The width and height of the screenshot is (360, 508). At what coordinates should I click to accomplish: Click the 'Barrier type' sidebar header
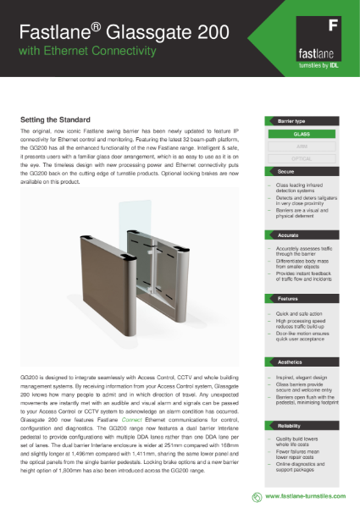(x=292, y=122)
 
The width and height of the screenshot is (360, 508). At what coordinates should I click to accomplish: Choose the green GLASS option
(x=302, y=134)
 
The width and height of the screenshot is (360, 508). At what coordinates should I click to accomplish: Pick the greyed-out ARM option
(x=302, y=146)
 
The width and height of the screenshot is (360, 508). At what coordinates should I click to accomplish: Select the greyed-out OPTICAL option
(x=302, y=157)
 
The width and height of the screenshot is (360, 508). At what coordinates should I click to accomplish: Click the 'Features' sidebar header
(x=290, y=299)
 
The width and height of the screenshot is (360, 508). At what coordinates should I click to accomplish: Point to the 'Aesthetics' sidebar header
(x=291, y=362)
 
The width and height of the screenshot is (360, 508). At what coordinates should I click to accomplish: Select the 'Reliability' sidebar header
(x=291, y=427)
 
